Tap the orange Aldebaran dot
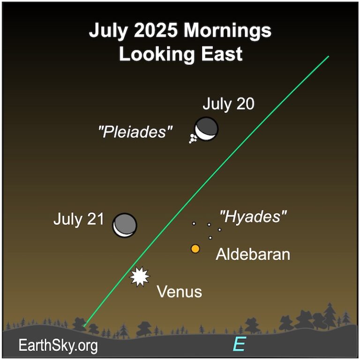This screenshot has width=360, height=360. point(195,249)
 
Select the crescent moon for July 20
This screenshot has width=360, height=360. point(207,128)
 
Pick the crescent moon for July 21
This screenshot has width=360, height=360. point(125,225)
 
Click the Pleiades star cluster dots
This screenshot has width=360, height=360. point(193,138)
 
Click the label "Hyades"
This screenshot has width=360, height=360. point(253,217)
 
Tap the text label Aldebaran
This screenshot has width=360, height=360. point(253,255)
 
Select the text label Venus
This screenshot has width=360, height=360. point(179,292)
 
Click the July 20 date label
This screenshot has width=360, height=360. point(229,104)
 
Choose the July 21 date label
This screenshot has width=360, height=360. point(78,219)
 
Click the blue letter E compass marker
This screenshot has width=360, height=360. point(239,345)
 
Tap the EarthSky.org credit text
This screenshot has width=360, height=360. point(59,346)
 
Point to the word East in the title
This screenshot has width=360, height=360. point(219,54)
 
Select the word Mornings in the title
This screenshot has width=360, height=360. point(227,31)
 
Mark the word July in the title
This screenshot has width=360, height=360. point(104,31)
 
